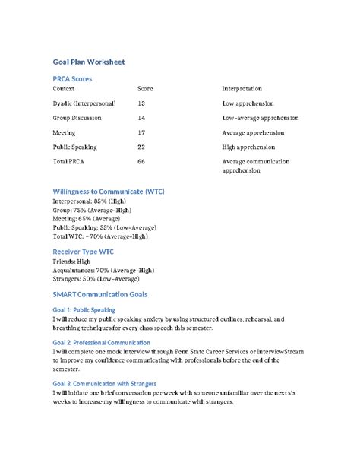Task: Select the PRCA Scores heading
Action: point(73,78)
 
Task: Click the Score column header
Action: point(144,89)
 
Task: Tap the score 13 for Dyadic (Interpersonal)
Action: point(141,103)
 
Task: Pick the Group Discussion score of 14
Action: point(141,118)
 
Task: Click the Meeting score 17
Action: point(141,132)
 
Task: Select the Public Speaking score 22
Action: point(141,147)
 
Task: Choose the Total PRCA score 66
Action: point(141,162)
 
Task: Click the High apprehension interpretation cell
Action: point(248,147)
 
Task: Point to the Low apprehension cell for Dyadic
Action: point(248,103)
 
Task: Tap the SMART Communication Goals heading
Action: point(99,293)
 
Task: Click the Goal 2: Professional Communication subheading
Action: point(102,343)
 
